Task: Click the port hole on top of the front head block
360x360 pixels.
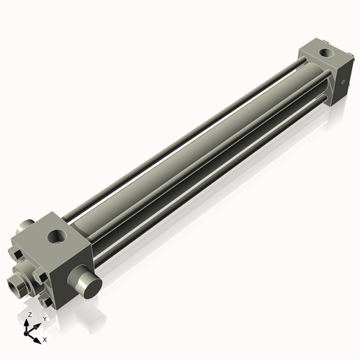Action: (x=55, y=235)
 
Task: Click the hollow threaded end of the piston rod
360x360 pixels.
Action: (x=13, y=284)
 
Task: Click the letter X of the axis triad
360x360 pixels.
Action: (x=45, y=338)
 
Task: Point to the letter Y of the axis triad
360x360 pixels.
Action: (x=44, y=318)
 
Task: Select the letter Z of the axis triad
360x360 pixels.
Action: (x=29, y=315)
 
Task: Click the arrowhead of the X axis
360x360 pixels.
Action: (x=37, y=336)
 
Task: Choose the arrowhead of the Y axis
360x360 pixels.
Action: (x=38, y=324)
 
